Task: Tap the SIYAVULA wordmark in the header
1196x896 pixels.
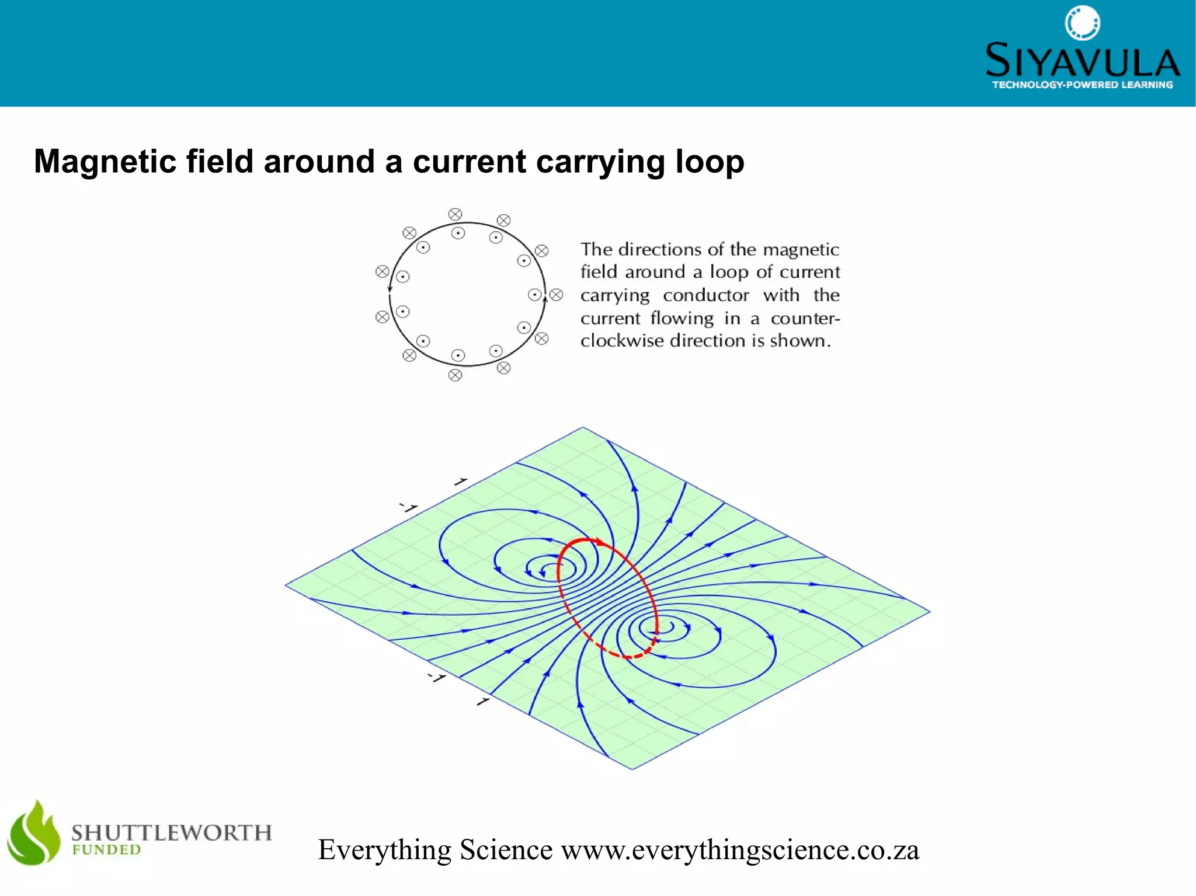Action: pos(1082,61)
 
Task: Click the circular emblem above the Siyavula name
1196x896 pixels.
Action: pos(1082,23)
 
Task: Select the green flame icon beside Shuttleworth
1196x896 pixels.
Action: pos(34,834)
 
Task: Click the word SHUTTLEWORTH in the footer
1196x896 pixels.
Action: pos(172,832)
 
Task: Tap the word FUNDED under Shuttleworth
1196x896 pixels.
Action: pos(106,850)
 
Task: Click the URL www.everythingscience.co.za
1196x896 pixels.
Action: pos(740,850)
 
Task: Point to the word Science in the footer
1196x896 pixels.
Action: pos(506,850)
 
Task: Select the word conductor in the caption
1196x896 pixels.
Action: pos(705,295)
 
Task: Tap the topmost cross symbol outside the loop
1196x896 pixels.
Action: pos(455,214)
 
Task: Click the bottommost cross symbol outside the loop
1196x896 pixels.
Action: pos(455,375)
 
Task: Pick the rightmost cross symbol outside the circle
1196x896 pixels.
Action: pos(557,295)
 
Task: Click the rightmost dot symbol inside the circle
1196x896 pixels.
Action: pos(534,295)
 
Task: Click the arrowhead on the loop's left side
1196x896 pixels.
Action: pos(390,288)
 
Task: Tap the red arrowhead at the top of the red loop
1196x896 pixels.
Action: pos(600,542)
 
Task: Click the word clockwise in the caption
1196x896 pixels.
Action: pos(622,341)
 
